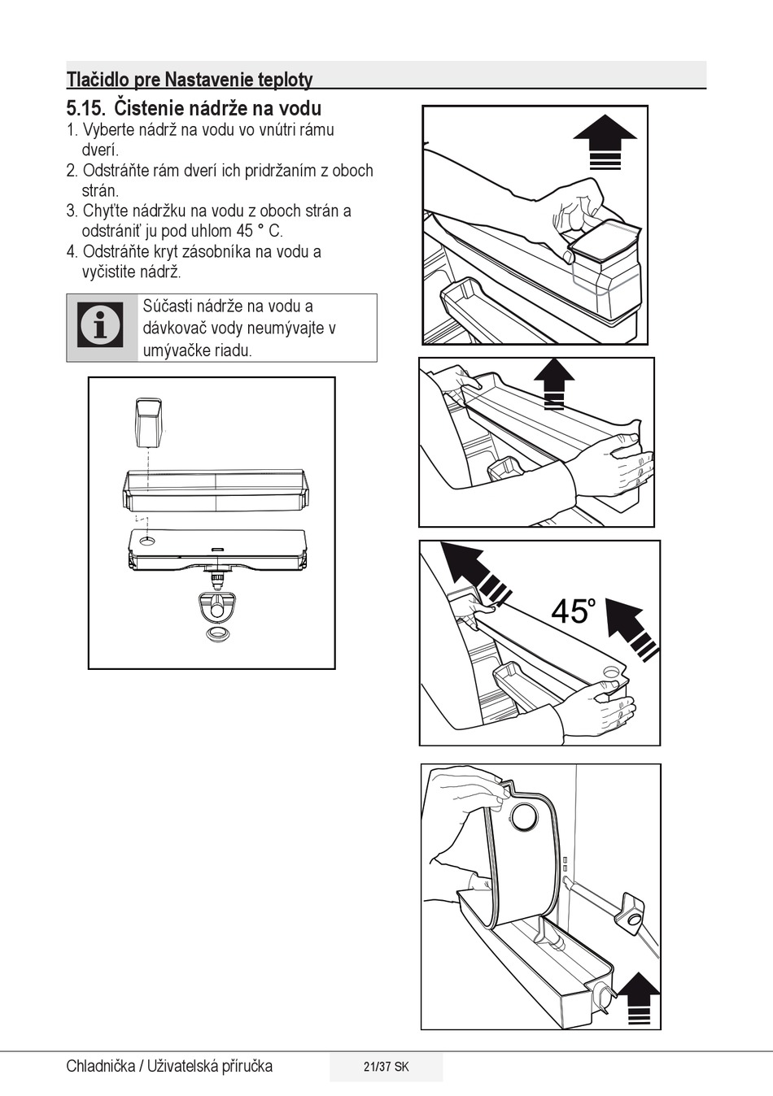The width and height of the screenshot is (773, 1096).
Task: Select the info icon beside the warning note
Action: coord(101,324)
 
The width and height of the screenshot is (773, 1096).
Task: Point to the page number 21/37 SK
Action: coord(386,1066)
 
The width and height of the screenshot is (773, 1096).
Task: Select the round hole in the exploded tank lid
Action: coord(146,540)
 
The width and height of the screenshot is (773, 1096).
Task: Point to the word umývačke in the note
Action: coord(175,350)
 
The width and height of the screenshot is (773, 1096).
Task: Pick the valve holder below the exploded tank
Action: coord(217,606)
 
